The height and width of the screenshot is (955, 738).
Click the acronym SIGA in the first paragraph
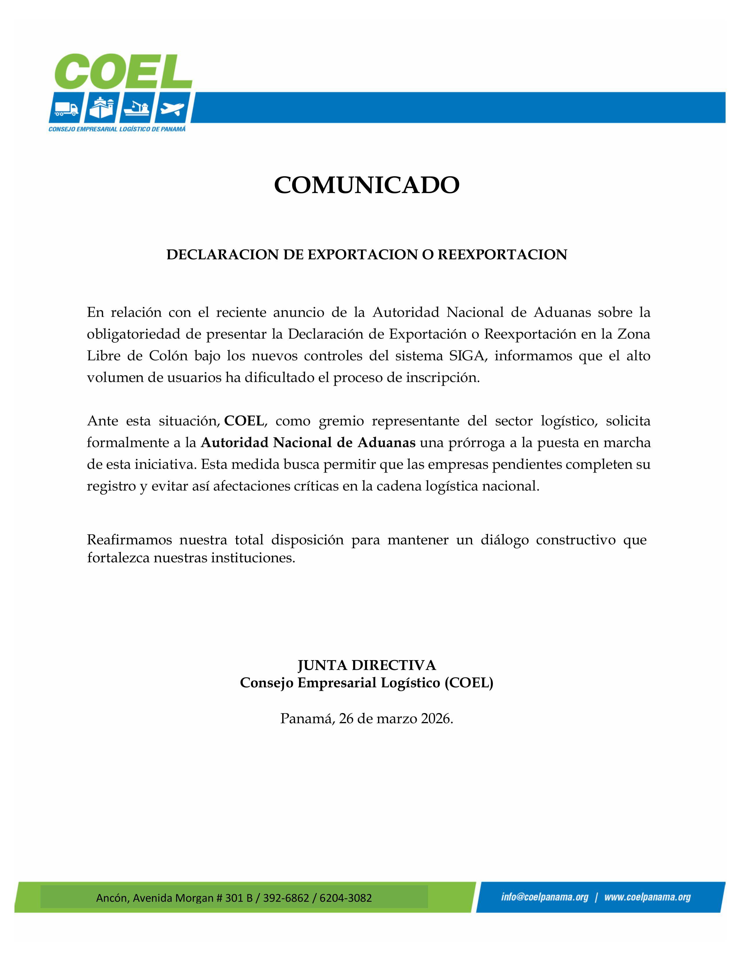point(467,356)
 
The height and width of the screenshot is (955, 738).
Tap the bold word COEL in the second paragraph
point(244,421)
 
